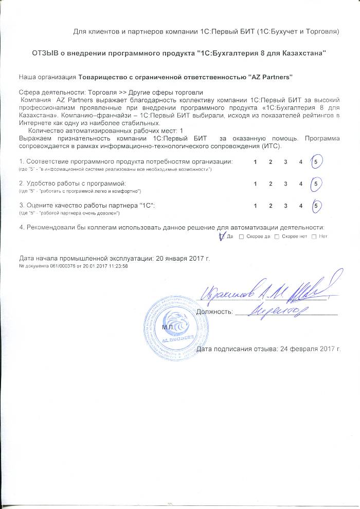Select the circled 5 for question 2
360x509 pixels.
tap(317, 184)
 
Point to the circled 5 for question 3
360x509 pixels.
tap(317, 206)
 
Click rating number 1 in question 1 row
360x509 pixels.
tap(256, 162)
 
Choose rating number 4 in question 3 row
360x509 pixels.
tap(301, 206)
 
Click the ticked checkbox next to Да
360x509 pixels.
tap(222, 237)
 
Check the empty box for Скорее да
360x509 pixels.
tap(241, 237)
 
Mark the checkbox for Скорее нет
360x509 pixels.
tap(277, 237)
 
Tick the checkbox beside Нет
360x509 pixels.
tap(313, 237)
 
